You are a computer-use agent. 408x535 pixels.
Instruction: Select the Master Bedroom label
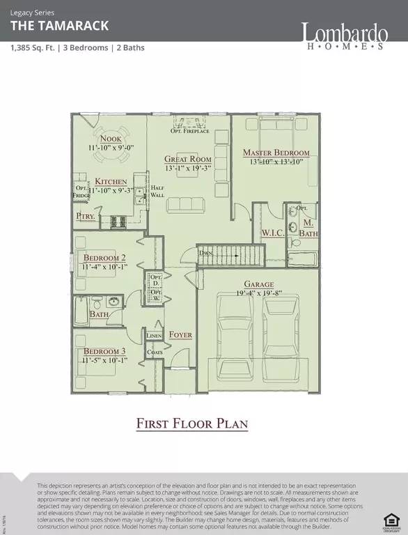(276, 153)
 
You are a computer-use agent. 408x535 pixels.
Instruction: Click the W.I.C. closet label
(272, 232)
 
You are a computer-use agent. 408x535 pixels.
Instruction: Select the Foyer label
(180, 335)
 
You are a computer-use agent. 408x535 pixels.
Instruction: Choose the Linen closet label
(154, 336)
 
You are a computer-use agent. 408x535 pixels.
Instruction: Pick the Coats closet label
(154, 352)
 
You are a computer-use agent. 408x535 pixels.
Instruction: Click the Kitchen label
(111, 181)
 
